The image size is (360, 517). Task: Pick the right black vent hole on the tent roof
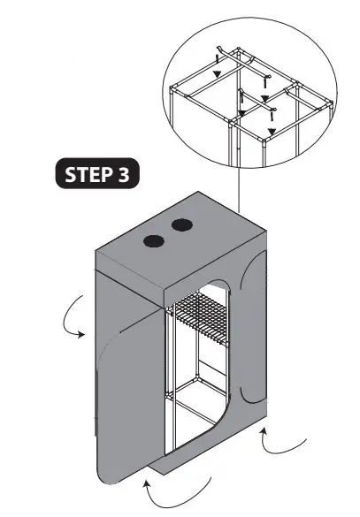(182, 226)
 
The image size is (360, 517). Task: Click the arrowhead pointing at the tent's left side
(81, 334)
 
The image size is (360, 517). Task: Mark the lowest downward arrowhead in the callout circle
(271, 131)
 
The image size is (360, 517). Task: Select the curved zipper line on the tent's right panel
(244, 336)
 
